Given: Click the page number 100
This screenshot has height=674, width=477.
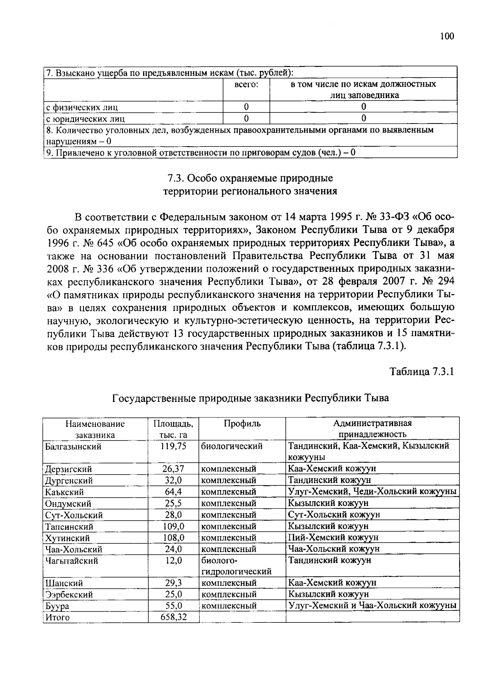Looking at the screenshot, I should [447, 37].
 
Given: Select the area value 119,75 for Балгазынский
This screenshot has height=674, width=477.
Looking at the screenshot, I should [173, 446].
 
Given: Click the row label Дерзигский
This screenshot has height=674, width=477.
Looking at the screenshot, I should [68, 469].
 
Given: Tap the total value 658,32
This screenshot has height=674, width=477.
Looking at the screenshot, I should [173, 617].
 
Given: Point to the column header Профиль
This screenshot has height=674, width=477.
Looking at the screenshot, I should [242, 424].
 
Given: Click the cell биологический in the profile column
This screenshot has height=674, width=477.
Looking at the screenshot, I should [232, 446].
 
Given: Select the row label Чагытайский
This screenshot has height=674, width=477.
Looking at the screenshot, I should [72, 561].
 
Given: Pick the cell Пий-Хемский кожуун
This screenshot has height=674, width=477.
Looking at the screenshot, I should [333, 537].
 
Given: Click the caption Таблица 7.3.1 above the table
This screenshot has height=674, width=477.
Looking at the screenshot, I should [421, 372].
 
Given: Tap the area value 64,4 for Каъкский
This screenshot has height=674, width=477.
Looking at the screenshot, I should [173, 492].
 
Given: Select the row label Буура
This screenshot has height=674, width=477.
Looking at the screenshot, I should [57, 606].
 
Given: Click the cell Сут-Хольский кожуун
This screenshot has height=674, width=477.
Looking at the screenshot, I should [334, 514].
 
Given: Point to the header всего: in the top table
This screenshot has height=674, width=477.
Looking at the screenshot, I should [246, 85].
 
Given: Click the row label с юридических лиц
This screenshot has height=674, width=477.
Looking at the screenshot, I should [85, 119].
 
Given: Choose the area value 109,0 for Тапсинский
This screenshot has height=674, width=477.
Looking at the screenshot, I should [173, 526].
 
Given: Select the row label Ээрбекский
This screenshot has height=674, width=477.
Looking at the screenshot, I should [69, 595].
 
